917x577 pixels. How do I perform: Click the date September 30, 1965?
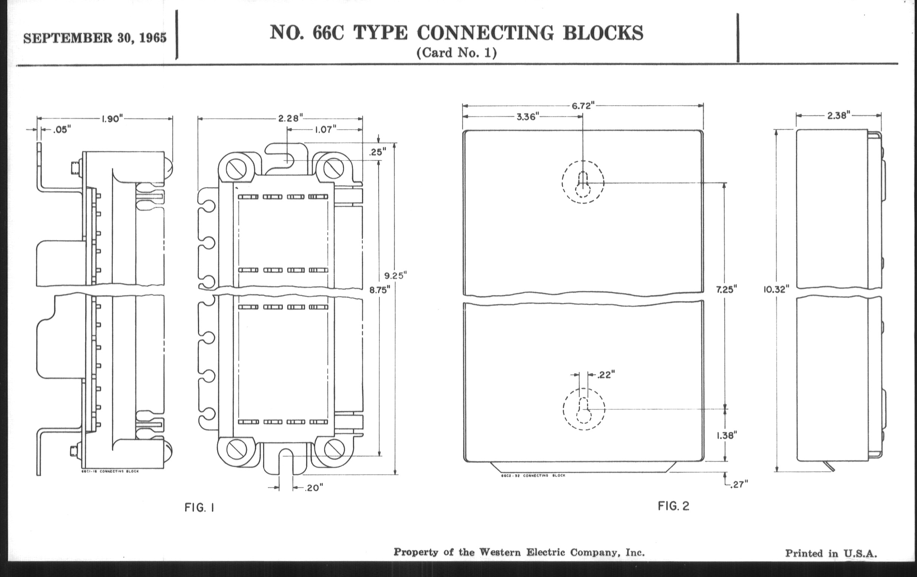click(95, 38)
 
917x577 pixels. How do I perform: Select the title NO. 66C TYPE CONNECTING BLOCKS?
click(456, 33)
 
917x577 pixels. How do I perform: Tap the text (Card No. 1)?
click(456, 52)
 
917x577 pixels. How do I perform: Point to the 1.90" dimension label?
click(112, 119)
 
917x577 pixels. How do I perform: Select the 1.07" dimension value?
click(326, 130)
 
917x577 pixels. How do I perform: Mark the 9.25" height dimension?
click(396, 275)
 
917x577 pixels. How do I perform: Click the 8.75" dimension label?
click(380, 290)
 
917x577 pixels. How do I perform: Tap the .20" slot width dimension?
click(313, 488)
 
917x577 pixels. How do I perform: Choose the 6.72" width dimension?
click(583, 106)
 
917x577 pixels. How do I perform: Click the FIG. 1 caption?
click(199, 508)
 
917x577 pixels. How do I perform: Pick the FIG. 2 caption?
click(673, 506)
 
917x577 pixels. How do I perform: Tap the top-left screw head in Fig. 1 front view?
click(236, 168)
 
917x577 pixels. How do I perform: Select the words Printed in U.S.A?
click(831, 553)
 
